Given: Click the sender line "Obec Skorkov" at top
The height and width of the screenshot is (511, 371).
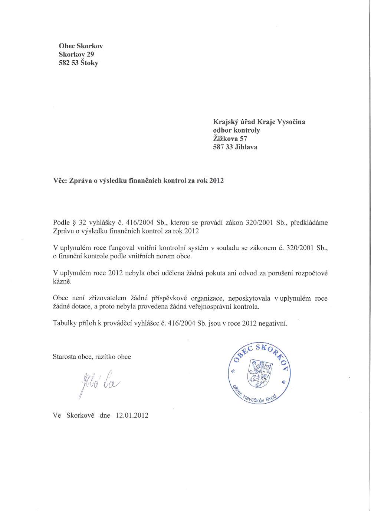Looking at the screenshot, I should tap(81, 46).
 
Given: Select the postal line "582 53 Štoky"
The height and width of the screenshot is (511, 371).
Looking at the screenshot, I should tap(78, 63).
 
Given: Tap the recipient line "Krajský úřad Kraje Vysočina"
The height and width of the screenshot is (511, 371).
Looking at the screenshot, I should tap(259, 122).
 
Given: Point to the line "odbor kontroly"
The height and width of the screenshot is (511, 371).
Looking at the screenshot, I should tap(236, 130).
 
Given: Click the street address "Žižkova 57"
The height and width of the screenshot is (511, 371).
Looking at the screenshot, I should tap(230, 139).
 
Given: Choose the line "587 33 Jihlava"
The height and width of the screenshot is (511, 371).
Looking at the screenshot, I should tap(235, 147).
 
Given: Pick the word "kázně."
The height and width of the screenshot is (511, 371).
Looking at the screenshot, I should tap(62, 281).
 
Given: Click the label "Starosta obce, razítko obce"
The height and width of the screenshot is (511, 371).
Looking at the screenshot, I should tap(92, 357).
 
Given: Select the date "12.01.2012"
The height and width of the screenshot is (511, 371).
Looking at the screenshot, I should tap(132, 415).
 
